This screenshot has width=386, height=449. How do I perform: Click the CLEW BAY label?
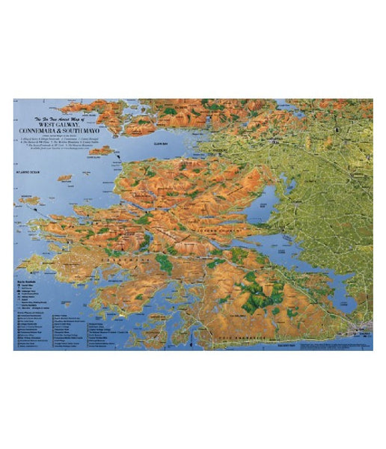tap(158, 142)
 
